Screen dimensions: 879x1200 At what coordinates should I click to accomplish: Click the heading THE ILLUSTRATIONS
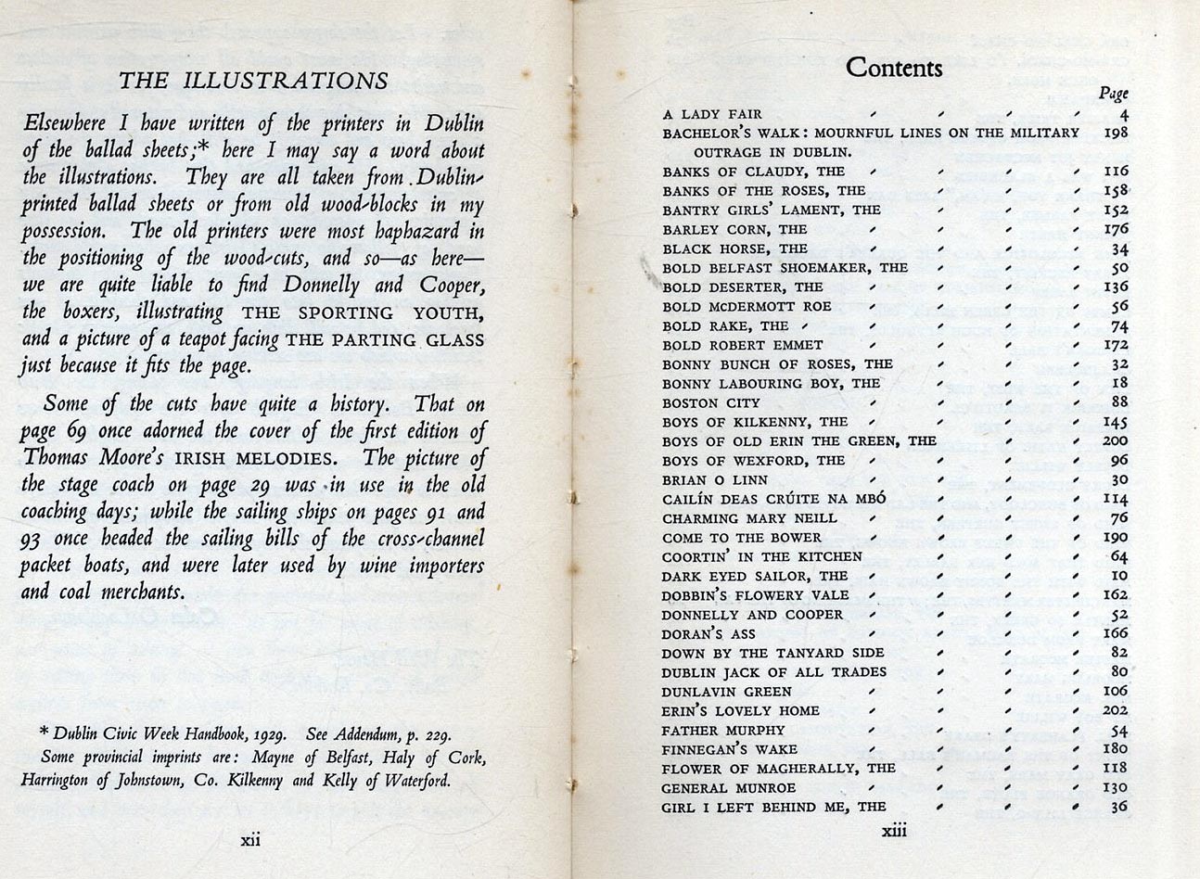pyautogui.click(x=253, y=81)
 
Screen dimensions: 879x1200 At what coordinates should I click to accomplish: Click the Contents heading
pyautogui.click(x=894, y=68)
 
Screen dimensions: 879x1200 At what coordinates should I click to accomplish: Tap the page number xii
pyautogui.click(x=250, y=841)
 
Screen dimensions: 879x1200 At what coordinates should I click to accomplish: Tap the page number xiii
pyautogui.click(x=894, y=830)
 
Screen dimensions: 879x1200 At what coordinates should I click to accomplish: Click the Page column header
pyautogui.click(x=1113, y=93)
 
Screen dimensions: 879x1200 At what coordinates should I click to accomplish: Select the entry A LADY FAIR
pyautogui.click(x=712, y=114)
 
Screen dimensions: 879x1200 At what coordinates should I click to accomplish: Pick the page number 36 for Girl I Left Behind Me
pyautogui.click(x=1118, y=807)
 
